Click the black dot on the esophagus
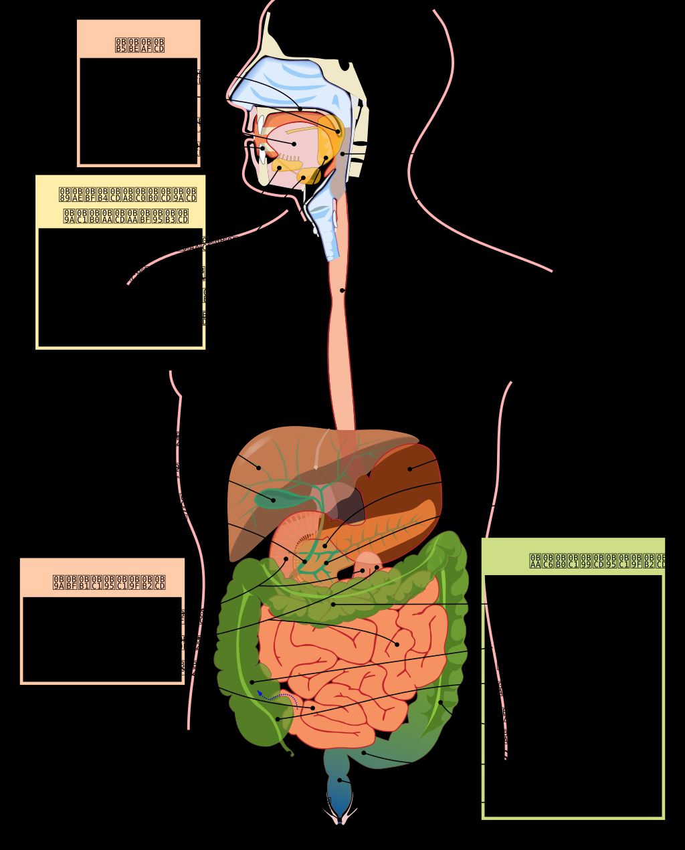pos(342,290)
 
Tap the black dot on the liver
pos(259,467)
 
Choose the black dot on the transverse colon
pos(333,604)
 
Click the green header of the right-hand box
pos(573,558)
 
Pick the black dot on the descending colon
pos(440,702)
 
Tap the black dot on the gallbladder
pos(273,500)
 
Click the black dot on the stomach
pos(410,468)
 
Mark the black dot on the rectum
pos(339,780)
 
